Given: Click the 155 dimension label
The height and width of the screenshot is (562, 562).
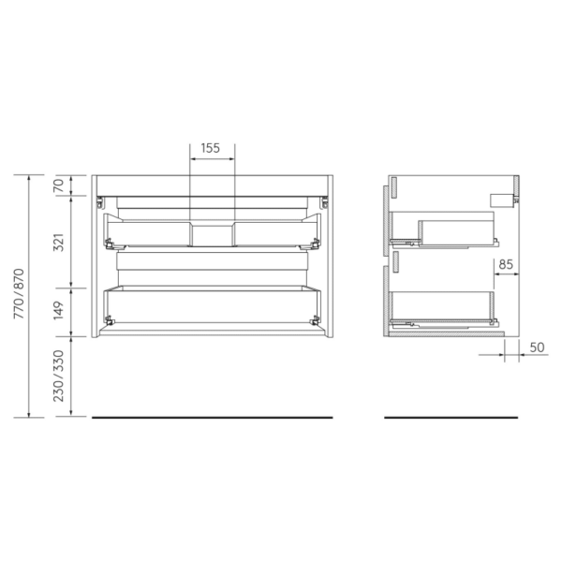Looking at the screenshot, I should [x=211, y=148].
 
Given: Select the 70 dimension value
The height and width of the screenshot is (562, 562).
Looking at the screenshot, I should [x=58, y=185].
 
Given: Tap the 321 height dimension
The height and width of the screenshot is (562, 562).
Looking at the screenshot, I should [x=58, y=242].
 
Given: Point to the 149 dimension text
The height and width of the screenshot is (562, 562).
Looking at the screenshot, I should [x=58, y=310].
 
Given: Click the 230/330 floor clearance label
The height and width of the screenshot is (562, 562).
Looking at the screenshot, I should [x=58, y=376].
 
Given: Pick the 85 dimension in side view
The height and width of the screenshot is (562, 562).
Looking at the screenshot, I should [x=505, y=265].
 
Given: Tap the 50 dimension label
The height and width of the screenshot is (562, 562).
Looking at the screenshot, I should [x=536, y=348].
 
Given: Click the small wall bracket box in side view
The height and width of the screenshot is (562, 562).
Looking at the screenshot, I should [x=503, y=200].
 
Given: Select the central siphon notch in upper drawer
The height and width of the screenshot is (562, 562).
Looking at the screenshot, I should [x=213, y=233].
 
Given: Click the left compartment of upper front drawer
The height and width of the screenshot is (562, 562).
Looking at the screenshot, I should [x=150, y=232].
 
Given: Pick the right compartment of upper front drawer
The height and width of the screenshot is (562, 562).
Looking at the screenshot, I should [x=274, y=232].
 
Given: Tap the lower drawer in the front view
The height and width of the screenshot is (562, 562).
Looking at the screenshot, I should [x=213, y=305].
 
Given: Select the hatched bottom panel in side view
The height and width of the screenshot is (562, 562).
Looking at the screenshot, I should [x=446, y=330].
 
